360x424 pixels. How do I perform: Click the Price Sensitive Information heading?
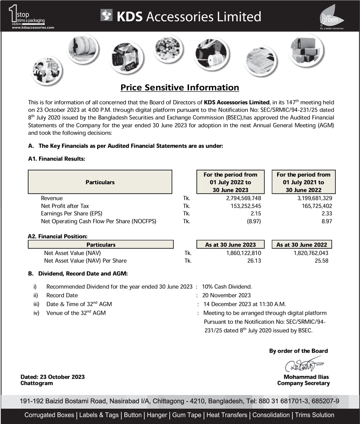coord(180,88)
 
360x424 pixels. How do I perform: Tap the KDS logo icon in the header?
coord(107,16)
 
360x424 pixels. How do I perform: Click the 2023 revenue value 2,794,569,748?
coord(243,198)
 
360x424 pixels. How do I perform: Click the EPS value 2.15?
coord(256,214)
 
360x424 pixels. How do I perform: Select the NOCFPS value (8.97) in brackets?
coord(253,221)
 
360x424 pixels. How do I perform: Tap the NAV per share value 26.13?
coord(254,261)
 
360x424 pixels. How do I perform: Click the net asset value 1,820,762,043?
coord(311,253)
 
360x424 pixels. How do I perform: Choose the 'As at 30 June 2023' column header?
coord(230,245)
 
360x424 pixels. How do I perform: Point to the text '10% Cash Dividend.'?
coord(227,287)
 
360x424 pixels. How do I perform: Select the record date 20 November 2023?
coord(227,295)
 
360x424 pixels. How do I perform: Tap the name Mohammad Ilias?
coord(306,377)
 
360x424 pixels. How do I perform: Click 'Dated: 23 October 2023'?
coord(53,377)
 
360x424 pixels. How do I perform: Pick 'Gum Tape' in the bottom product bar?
coord(186,415)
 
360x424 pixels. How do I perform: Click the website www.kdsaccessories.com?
coord(33,27)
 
